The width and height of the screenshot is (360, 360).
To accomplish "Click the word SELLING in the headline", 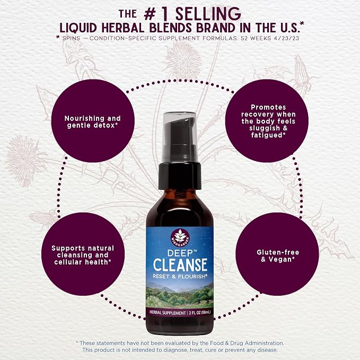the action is point(208,14).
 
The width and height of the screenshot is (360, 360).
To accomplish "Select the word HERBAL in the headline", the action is point(123,28).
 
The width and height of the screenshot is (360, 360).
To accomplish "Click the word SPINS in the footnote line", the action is point(71,38).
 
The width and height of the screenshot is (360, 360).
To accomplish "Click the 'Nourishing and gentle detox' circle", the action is point(93,121).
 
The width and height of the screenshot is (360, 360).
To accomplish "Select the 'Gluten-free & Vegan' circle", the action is point(277,254).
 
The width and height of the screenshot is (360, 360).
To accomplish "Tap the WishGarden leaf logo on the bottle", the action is point(180,237).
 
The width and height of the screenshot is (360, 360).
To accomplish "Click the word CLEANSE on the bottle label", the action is point(180,265).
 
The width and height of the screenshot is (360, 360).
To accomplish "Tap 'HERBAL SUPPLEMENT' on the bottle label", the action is point(168,313).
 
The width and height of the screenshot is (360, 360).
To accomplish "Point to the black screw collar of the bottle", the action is point(180,175).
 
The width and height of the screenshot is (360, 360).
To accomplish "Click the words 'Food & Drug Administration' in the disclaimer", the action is point(247,343).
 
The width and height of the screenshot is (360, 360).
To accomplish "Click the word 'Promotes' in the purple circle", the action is point(268,107).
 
